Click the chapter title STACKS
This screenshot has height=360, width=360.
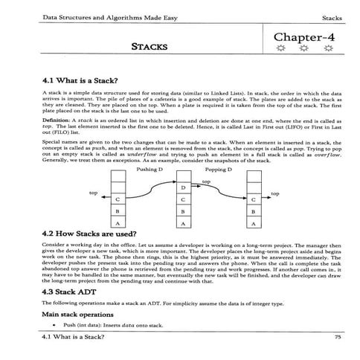click(150, 46)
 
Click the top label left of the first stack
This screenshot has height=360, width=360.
click(94, 193)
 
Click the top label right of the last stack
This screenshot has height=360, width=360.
click(275, 193)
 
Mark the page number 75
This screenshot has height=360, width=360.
click(338, 338)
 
